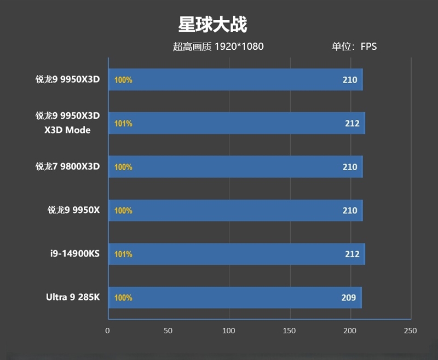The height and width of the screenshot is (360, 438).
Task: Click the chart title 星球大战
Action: [x=212, y=25]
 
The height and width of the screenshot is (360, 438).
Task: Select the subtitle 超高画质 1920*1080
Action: [x=218, y=47]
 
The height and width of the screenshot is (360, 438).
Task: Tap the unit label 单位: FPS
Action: [x=354, y=47]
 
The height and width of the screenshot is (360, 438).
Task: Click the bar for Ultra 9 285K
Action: [x=235, y=298]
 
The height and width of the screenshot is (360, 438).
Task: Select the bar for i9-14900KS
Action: [x=237, y=254]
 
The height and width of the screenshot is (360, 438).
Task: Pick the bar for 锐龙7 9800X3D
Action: [x=235, y=167]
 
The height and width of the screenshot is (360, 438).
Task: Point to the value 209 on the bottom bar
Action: [x=349, y=298]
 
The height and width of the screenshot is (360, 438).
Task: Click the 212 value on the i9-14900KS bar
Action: [x=352, y=254]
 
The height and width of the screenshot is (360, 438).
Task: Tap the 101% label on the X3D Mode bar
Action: [x=123, y=124]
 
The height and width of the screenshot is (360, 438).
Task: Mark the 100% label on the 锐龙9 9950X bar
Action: [x=123, y=211]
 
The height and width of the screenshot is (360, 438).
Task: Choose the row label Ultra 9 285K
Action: [x=73, y=298]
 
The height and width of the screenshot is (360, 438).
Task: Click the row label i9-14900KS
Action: [x=76, y=254]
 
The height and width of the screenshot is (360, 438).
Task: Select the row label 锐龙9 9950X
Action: [x=73, y=211]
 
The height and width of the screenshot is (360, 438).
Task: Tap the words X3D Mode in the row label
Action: [x=68, y=130]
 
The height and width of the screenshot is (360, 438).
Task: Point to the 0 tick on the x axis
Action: [x=108, y=330]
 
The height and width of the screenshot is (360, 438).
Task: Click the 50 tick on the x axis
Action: [x=168, y=330]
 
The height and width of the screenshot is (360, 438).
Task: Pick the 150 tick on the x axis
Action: [x=289, y=330]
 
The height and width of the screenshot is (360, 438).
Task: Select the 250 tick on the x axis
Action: [x=410, y=330]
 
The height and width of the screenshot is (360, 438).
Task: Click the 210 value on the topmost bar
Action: [x=350, y=80]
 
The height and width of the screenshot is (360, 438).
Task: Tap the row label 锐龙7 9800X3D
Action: [x=68, y=167]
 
